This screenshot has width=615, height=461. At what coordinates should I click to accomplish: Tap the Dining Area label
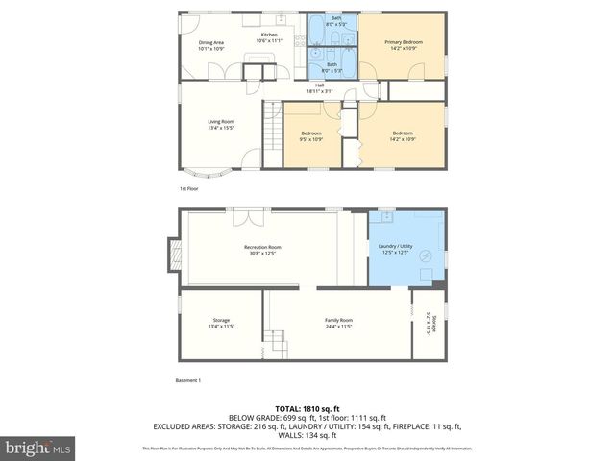[x=211, y=43]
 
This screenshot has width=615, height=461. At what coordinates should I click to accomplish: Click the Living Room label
[x=221, y=122]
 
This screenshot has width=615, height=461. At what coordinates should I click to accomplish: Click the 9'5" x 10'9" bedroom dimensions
[x=310, y=138]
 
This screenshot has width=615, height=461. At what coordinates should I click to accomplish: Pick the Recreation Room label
[x=261, y=248]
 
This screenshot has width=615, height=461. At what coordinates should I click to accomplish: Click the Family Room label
[x=338, y=320]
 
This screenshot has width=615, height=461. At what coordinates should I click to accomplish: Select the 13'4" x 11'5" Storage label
[x=221, y=320]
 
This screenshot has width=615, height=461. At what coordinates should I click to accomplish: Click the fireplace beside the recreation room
[x=174, y=254]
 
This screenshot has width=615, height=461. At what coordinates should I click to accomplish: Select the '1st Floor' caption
[x=188, y=189]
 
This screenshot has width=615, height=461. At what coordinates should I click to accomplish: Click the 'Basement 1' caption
[x=188, y=381]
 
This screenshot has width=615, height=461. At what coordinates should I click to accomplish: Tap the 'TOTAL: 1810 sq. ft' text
[x=307, y=409]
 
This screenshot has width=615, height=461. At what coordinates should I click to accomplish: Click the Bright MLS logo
[x=38, y=447]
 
